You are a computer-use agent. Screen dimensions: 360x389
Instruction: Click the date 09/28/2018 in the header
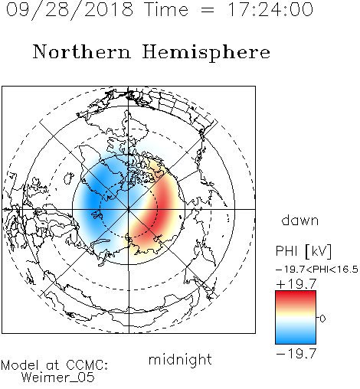70,10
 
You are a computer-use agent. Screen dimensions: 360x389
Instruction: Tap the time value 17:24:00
270,9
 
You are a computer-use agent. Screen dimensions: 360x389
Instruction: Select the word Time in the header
166,9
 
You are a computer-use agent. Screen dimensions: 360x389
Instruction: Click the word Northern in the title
82,51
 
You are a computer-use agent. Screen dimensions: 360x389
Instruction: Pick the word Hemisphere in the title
206,53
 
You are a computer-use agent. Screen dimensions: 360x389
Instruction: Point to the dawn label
300,220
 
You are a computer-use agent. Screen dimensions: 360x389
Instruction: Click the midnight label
180,359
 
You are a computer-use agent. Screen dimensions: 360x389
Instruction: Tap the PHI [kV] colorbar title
303,251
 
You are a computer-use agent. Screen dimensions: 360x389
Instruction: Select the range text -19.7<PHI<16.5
317,270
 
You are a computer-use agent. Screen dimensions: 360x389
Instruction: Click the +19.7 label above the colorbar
296,284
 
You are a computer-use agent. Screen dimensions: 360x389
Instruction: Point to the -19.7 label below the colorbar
296,354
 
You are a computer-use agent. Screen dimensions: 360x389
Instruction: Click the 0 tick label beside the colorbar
322,319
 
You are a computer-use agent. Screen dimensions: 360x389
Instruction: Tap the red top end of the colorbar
296,293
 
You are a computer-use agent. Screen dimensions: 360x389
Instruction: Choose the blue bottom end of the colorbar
296,341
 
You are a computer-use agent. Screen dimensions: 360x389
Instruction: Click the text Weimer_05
58,377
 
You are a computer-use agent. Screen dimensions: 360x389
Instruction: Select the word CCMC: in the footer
87,365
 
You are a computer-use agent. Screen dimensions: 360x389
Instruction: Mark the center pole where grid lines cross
129,209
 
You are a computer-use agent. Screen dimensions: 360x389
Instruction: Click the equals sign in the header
208,10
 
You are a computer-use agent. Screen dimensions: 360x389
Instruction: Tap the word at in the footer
52,365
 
